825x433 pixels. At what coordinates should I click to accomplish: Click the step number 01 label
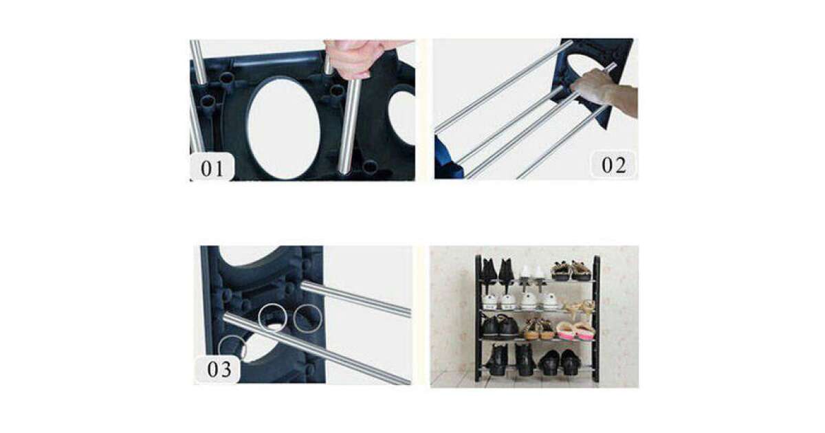pos(212,168)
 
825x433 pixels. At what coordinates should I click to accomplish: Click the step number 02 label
pos(613,165)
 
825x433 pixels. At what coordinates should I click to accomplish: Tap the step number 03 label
pos(219,369)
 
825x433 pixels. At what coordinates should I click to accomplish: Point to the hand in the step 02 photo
pos(604,90)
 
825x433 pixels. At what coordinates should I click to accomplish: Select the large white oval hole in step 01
pos(283,127)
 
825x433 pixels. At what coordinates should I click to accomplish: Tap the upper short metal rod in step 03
pos(356,298)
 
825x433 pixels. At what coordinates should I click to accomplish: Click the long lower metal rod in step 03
pos(317,348)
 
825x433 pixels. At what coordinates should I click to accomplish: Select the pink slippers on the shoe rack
pos(575,331)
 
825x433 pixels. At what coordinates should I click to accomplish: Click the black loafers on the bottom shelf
pos(560,363)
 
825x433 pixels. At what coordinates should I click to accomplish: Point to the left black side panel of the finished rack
pos(478,318)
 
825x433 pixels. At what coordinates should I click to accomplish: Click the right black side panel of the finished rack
pos(595,318)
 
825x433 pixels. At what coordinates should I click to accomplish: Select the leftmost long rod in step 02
pos(503,86)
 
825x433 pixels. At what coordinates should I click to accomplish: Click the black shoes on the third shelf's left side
pos(500,327)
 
